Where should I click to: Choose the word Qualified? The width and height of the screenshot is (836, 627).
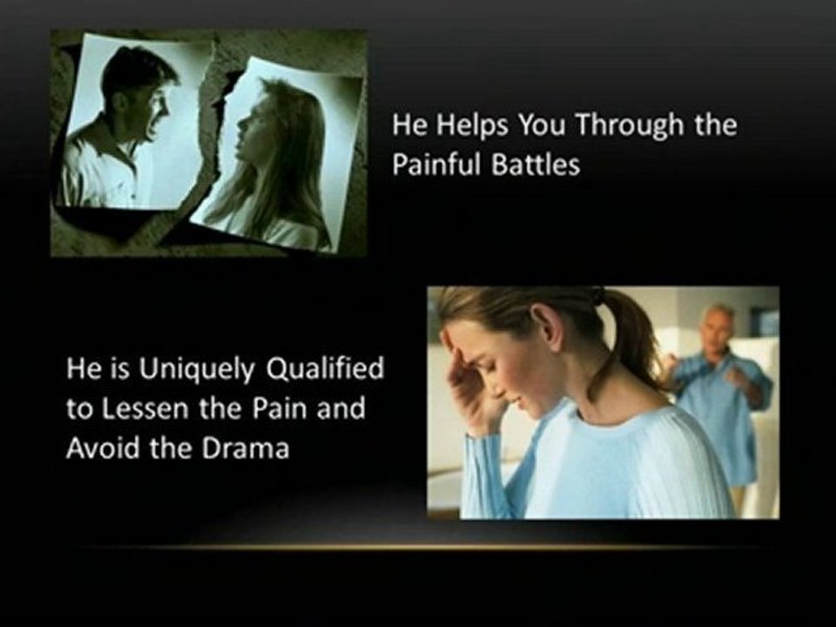pos(325,369)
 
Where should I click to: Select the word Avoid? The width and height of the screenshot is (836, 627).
pos(103,448)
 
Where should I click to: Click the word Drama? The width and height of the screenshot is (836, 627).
pos(246,448)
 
